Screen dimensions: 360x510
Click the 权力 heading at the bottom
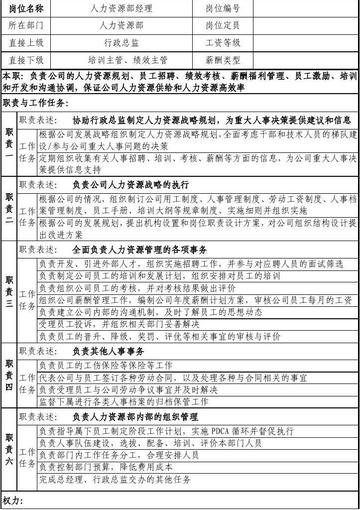click(13, 498)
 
